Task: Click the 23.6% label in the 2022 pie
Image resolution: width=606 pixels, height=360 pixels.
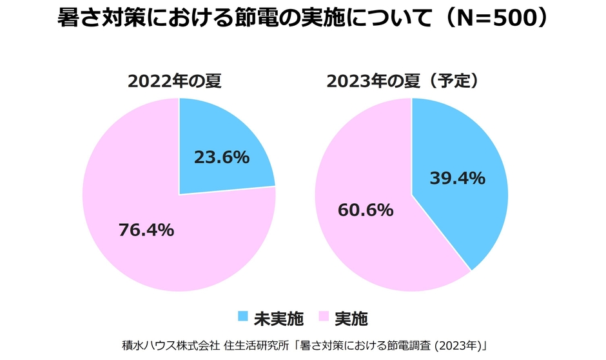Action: [x=221, y=157]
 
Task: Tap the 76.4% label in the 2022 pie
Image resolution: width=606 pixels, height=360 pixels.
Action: [x=146, y=230]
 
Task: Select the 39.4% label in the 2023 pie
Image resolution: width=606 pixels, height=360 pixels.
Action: [x=457, y=178]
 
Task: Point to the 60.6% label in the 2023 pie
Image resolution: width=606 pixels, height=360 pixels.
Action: [x=366, y=210]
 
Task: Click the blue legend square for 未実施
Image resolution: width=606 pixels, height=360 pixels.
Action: [x=242, y=317]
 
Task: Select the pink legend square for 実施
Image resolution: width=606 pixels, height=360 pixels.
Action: [x=323, y=317]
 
